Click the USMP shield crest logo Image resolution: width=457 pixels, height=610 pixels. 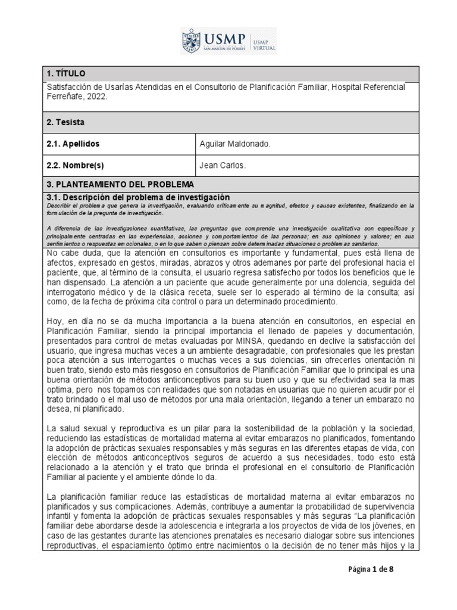191,42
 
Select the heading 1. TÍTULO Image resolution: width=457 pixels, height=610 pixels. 66,73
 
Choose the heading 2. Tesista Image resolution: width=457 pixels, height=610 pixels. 65,122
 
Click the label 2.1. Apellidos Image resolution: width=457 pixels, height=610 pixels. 73,144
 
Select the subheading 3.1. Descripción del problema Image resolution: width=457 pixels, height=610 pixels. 138,197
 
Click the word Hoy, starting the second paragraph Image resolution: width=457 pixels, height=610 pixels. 55,322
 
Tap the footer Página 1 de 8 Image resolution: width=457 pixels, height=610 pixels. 371,569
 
